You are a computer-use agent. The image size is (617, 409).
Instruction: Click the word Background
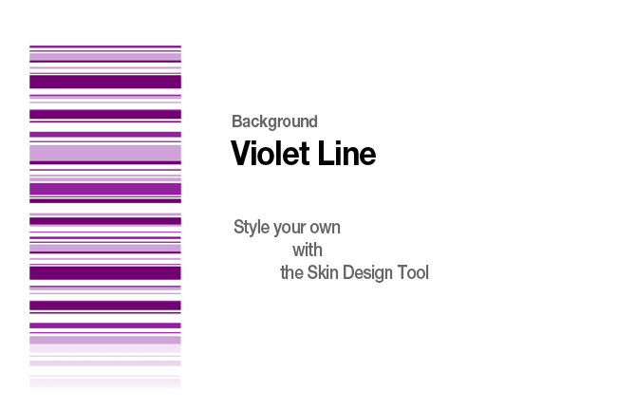(x=274, y=121)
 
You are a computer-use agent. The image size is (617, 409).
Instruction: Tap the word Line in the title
(x=346, y=153)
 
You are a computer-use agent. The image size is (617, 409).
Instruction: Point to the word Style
(x=251, y=228)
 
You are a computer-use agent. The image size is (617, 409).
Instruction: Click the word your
(x=290, y=229)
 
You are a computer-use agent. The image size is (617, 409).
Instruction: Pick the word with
(x=308, y=251)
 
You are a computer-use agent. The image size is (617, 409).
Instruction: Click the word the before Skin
(x=291, y=272)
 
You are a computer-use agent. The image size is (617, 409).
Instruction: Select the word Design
(x=367, y=273)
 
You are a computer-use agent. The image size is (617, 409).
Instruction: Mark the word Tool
(x=413, y=272)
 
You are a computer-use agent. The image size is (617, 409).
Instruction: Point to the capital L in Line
(x=325, y=153)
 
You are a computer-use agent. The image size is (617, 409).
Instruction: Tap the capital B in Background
(x=236, y=121)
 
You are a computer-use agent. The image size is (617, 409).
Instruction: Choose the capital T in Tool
(x=402, y=272)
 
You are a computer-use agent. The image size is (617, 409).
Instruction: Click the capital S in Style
(x=238, y=227)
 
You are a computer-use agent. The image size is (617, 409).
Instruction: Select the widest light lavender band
(x=105, y=153)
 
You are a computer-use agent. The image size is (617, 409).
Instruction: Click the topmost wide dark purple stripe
(x=105, y=82)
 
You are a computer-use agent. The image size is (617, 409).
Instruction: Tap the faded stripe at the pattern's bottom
(x=105, y=382)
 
